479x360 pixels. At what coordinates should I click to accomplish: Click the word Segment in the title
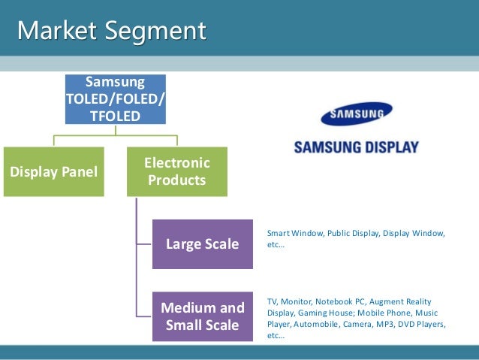coord(158,31)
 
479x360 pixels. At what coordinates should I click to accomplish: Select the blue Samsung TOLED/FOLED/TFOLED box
coord(116,98)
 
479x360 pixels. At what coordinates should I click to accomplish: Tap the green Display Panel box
coord(53,171)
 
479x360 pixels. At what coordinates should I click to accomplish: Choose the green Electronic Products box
coord(177,171)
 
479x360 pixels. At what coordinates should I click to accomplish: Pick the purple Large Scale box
coord(203,244)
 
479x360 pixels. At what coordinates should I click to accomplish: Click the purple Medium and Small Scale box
coord(203,316)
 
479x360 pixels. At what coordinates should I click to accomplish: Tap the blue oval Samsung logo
coord(357,114)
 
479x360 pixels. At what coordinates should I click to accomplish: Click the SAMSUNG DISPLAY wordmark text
coord(357,147)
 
